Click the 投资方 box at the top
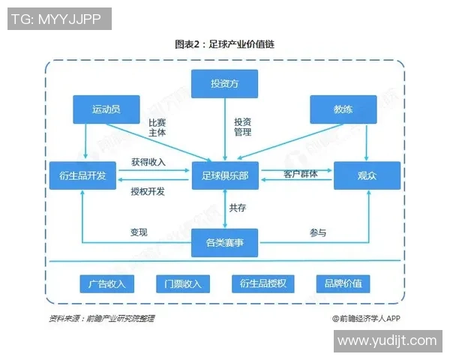tap(224, 83)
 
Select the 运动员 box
tap(106, 109)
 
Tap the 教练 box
tap(343, 109)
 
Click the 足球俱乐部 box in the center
tap(224, 175)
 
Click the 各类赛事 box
tap(224, 242)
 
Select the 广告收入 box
tap(106, 283)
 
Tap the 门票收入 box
tap(183, 283)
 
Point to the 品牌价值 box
tap(343, 283)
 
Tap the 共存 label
tap(238, 208)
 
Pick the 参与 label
tap(317, 232)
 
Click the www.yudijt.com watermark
tap(386, 340)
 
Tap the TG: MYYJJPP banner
tap(58, 19)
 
